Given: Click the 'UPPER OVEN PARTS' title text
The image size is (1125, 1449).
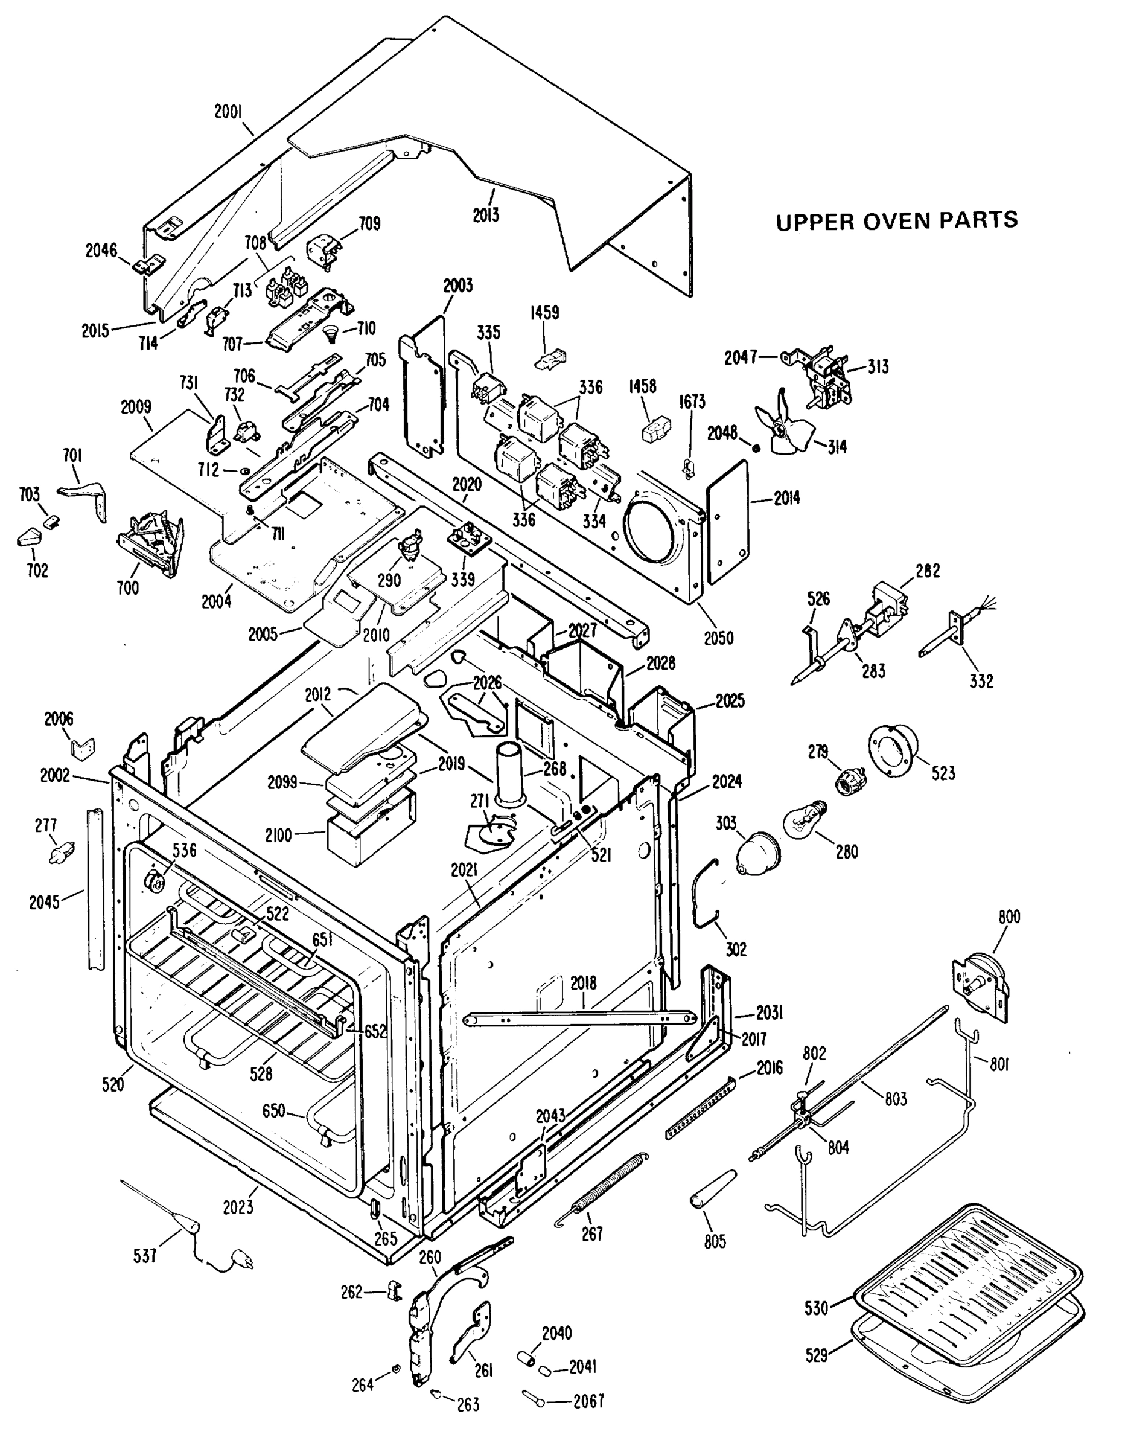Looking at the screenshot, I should tap(897, 221).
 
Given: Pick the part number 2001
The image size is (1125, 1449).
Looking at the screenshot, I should tap(228, 112).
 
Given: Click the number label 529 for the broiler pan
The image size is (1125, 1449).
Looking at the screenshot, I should tap(817, 1354).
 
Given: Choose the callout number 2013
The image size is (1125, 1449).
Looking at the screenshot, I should tap(486, 215).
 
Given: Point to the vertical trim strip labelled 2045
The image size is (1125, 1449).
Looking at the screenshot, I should tap(95, 889).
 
